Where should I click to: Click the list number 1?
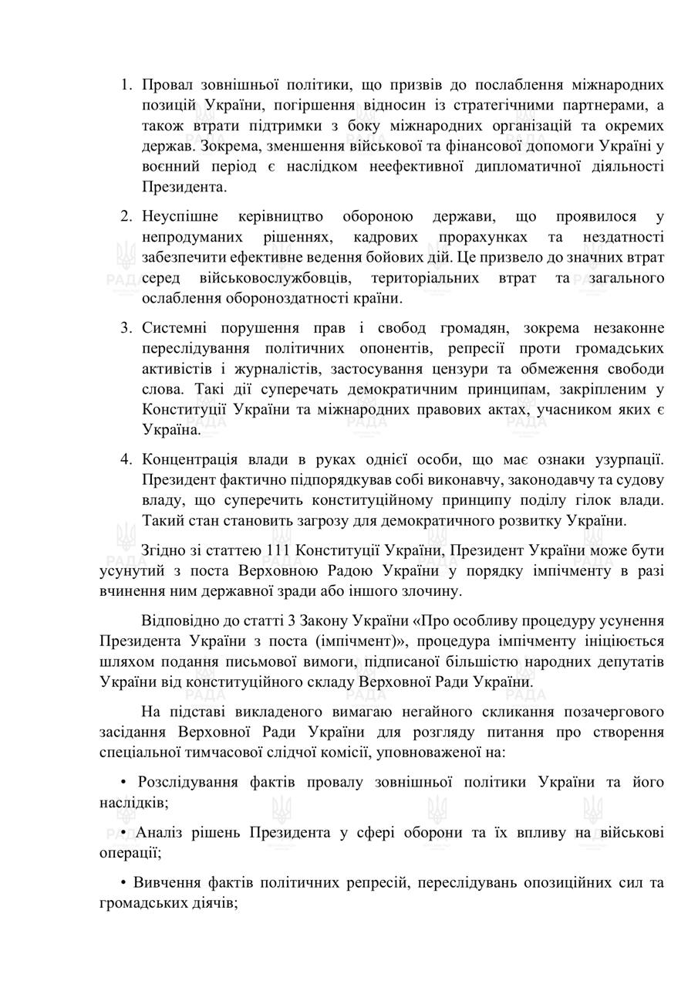tap(126, 84)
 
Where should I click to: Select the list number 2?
tap(126, 217)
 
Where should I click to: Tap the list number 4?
tap(126, 460)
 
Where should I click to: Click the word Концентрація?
tap(194, 460)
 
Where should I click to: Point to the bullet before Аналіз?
tap(123, 833)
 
